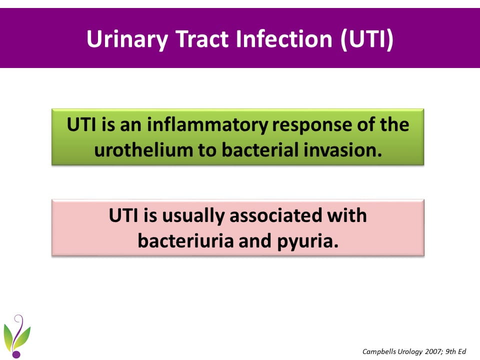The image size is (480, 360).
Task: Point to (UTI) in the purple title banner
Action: tap(366, 39)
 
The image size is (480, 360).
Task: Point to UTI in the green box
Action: tap(81, 125)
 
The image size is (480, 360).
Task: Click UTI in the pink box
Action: tap(123, 215)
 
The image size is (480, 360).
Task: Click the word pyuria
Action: tap(308, 241)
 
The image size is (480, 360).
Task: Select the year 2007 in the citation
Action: tap(433, 351)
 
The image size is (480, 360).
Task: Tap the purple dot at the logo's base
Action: tap(16, 354)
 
